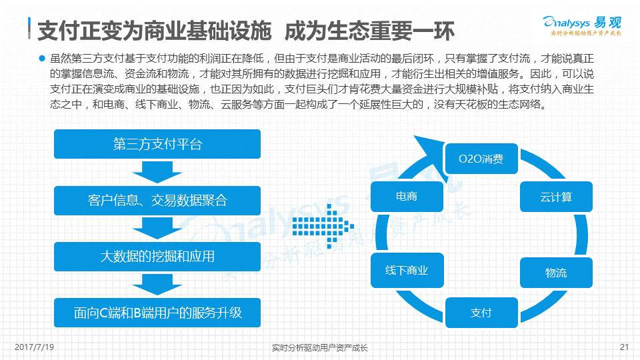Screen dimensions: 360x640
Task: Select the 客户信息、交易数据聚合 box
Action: pos(157,199)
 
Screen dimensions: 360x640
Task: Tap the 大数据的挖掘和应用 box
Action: pos(157,255)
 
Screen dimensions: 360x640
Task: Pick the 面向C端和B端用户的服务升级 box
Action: pos(157,311)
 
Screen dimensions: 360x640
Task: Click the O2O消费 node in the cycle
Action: pos(481,160)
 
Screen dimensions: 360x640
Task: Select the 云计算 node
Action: pos(555,198)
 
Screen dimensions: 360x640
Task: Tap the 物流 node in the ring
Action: pos(555,273)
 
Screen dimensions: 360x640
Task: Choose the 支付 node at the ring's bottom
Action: pos(481,312)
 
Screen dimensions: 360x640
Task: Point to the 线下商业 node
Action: pos(406,270)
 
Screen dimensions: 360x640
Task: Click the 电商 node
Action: pos(406,197)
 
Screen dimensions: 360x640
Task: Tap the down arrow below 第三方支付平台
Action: pos(157,171)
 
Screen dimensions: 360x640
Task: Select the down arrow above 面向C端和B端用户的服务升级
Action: pos(157,283)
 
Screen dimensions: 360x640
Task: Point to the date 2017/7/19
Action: pos(34,347)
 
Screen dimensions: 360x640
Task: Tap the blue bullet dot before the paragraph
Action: pos(41,57)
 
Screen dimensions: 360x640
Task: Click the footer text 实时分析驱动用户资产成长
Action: pos(320,347)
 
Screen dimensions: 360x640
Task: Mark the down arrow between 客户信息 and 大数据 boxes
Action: pos(157,227)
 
